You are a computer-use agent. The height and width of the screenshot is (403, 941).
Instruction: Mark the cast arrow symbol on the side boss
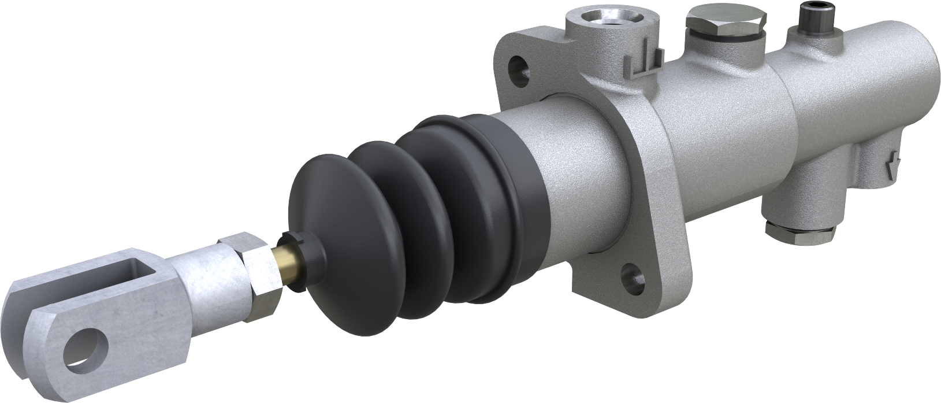click(894, 162)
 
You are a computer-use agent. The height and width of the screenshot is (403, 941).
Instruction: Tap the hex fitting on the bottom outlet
click(801, 231)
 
